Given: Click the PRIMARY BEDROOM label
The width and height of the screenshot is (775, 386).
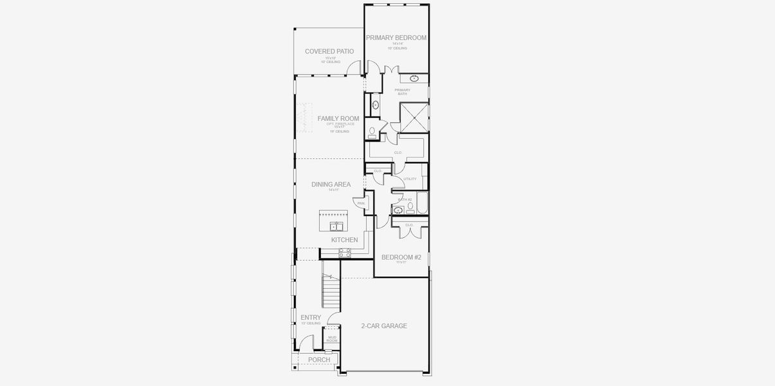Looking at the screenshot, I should pyautogui.click(x=396, y=38).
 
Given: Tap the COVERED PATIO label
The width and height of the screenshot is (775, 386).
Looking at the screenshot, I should pyautogui.click(x=329, y=51).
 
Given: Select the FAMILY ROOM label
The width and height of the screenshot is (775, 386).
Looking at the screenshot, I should pyautogui.click(x=338, y=119).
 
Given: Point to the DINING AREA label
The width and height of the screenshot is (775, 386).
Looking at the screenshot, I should pyautogui.click(x=331, y=185).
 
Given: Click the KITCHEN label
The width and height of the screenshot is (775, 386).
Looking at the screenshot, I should pyautogui.click(x=345, y=240).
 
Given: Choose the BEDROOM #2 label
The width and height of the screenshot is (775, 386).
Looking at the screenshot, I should pyautogui.click(x=401, y=257).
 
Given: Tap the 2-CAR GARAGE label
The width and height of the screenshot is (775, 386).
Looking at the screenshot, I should pyautogui.click(x=384, y=326).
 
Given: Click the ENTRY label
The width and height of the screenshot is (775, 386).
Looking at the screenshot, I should pyautogui.click(x=311, y=317).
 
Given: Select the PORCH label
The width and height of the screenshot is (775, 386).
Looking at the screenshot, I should pyautogui.click(x=319, y=360).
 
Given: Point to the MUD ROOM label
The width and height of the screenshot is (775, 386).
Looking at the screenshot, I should pyautogui.click(x=332, y=338).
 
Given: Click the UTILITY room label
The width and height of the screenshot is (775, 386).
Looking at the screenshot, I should pyautogui.click(x=410, y=179).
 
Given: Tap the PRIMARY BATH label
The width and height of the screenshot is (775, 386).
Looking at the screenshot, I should pyautogui.click(x=403, y=92).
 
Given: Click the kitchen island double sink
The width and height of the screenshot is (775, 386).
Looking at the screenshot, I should pyautogui.click(x=336, y=226).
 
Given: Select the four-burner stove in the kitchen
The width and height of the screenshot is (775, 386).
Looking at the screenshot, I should pyautogui.click(x=345, y=253).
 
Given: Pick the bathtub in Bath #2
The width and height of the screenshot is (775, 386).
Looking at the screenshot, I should pyautogui.click(x=423, y=202).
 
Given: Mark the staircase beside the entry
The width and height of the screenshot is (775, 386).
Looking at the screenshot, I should pyautogui.click(x=330, y=291).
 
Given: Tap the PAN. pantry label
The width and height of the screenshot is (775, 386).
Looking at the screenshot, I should pyautogui.click(x=361, y=203).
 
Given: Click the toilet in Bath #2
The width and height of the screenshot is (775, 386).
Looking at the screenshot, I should pyautogui.click(x=410, y=207).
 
